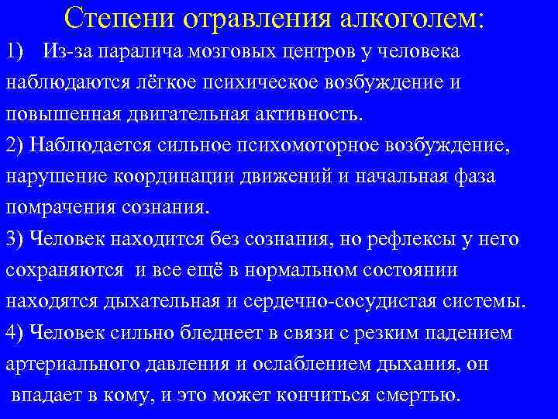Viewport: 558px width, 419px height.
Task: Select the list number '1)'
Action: [x=17, y=52]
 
